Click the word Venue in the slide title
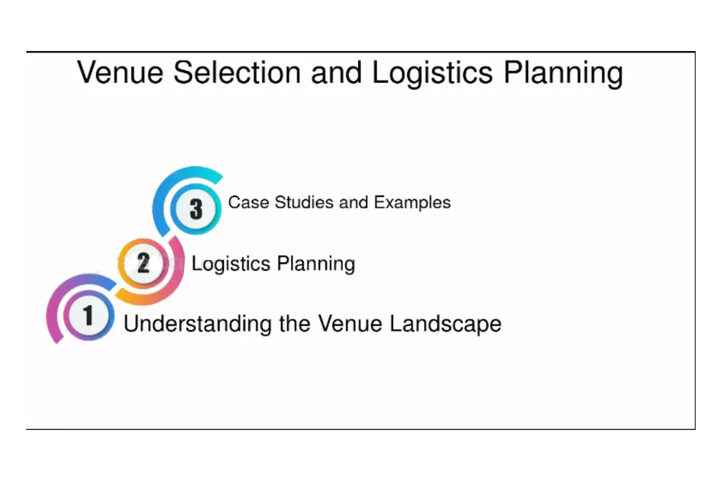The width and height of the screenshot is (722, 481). coord(120,72)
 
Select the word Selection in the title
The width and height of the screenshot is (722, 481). coord(237,72)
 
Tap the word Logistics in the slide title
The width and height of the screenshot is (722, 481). coord(433,74)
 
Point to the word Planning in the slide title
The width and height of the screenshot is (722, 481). coord(563,74)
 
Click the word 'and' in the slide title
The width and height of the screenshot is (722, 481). coord(336,72)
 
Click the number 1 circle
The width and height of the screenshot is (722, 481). coord(89,315)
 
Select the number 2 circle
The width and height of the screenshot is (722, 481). coord(143,263)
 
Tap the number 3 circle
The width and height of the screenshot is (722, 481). coord(195,209)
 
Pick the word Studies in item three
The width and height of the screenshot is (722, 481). coord(304,203)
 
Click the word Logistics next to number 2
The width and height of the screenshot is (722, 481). coord(231,264)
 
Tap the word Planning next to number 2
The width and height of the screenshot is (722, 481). coord(316,264)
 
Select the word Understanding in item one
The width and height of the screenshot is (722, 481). coord(198,324)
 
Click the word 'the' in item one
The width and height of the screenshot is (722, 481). coord(294,323)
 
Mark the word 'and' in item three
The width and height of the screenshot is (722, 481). coord(353,203)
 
